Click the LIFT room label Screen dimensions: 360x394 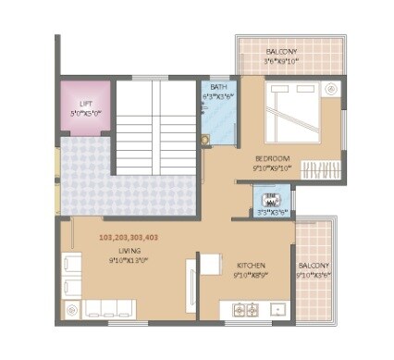(x=86, y=104)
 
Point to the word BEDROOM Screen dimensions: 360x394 (x=272, y=158)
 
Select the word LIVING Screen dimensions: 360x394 (x=129, y=250)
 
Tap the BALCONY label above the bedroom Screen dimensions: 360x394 (x=282, y=51)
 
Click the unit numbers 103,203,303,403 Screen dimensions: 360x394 (x=129, y=237)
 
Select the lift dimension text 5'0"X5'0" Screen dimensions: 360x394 (x=85, y=113)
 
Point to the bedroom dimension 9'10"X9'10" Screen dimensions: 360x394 (x=272, y=169)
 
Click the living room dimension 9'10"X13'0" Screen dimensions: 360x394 (x=129, y=261)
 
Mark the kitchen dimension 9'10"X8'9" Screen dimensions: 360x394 (x=251, y=275)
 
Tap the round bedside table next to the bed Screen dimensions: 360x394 (x=332, y=89)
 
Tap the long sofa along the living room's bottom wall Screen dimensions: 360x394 (x=108, y=307)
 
